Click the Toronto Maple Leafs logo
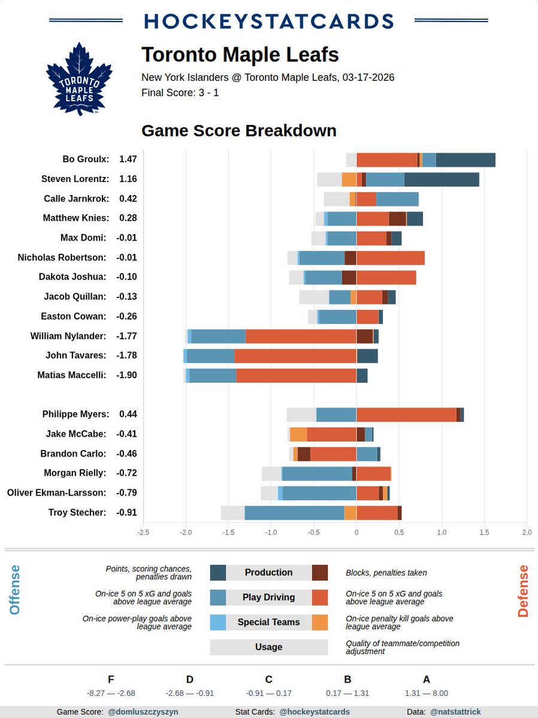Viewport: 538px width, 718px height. pos(79,79)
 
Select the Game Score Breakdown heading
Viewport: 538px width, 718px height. pos(238,130)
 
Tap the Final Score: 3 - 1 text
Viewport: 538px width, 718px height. pos(180,93)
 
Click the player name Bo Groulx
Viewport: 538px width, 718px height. pos(86,159)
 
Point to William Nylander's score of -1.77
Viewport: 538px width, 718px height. pos(126,336)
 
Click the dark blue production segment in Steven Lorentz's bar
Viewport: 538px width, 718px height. pos(442,179)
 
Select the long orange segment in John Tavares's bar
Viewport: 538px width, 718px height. pos(295,356)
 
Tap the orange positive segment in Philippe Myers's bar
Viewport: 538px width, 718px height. pos(406,415)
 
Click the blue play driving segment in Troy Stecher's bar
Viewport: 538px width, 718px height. pos(294,513)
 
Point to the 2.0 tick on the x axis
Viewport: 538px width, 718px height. pos(527,532)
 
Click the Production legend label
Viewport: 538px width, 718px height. pos(268,573)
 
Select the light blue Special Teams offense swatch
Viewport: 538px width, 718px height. pos(217,622)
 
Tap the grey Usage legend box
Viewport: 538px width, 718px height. pos(268,647)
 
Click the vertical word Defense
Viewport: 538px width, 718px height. pos(523,591)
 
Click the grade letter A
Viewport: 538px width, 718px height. pos(427,679)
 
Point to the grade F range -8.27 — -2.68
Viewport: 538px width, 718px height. pos(111,693)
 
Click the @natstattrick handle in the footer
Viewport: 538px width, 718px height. pos(455,712)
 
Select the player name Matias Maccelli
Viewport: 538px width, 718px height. pos(73,375)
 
